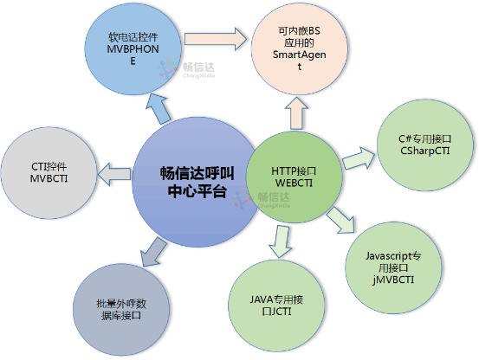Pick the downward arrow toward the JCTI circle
tap(279, 240)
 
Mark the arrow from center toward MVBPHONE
tap(159, 107)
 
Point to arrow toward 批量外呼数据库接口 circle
tap(151, 251)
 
